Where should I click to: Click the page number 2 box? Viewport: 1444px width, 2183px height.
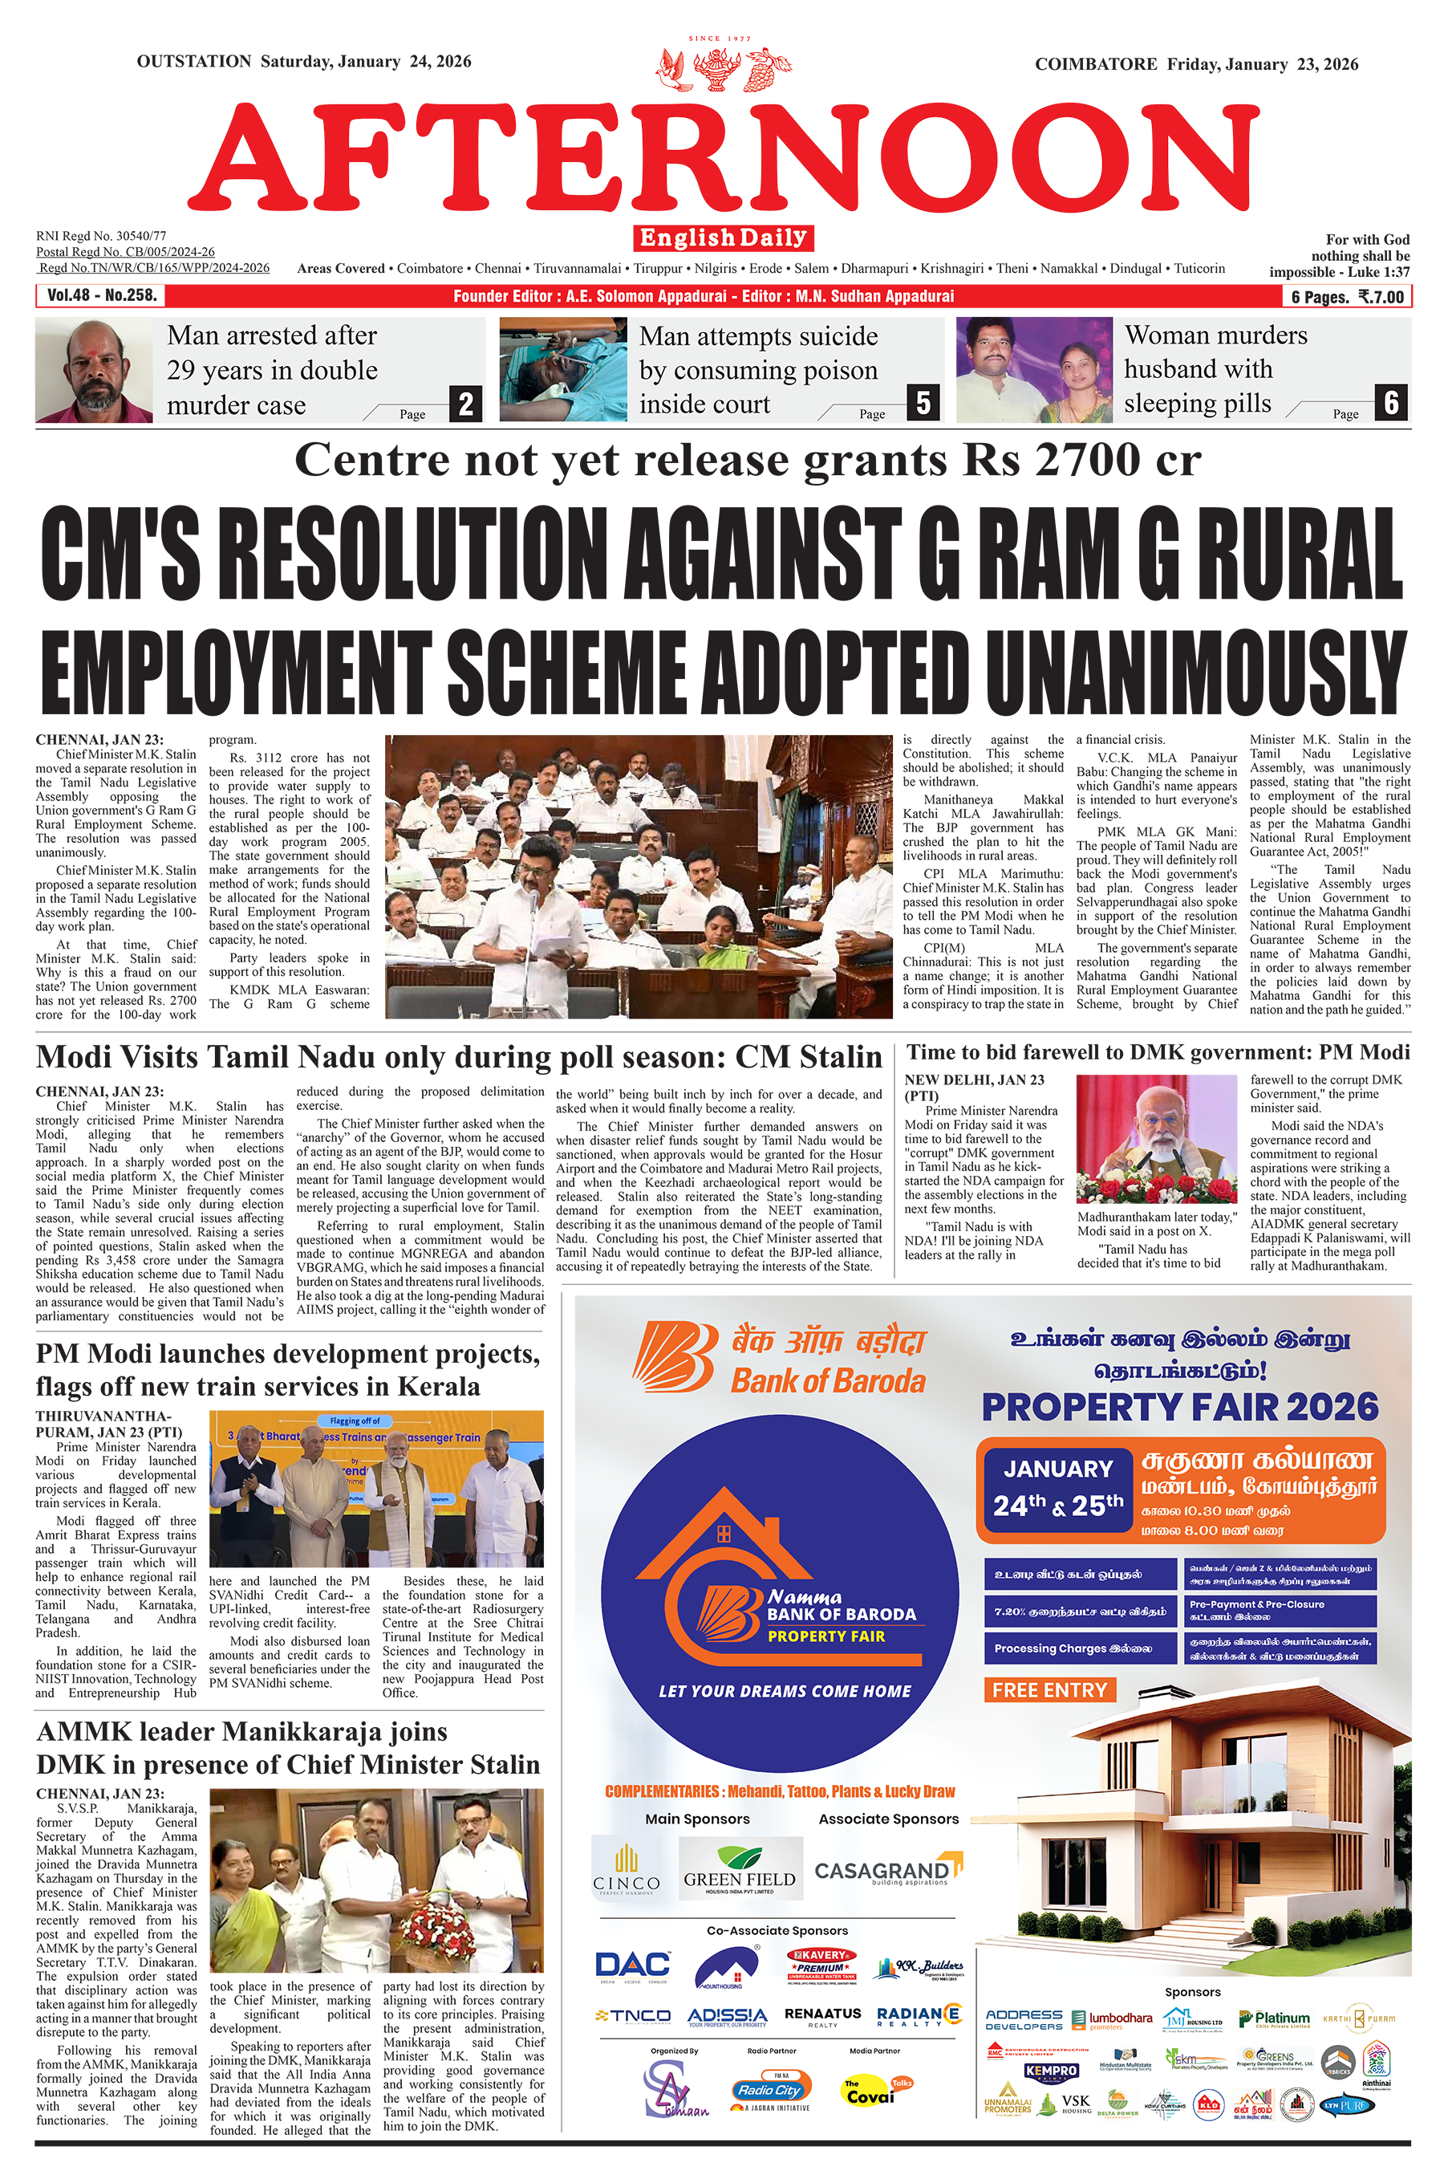[x=466, y=404]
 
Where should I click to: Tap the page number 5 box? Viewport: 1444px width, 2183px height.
[x=923, y=403]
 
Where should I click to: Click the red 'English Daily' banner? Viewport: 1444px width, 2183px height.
[x=723, y=238]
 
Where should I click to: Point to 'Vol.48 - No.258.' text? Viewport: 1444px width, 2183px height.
[x=102, y=295]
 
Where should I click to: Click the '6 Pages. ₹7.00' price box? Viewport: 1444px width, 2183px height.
[x=1346, y=297]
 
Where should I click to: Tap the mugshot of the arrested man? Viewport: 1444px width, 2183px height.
[x=94, y=370]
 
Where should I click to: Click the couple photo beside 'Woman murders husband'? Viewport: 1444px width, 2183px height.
[x=1033, y=369]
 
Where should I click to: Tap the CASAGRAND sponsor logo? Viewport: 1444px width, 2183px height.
[x=886, y=1871]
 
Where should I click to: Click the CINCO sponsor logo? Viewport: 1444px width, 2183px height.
[x=627, y=1870]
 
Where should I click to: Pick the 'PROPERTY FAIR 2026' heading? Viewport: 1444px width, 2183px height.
[x=1180, y=1408]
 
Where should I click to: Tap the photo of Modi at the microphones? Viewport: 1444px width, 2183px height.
[x=1156, y=1139]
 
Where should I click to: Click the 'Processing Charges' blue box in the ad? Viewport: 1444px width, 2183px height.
[x=1081, y=1648]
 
